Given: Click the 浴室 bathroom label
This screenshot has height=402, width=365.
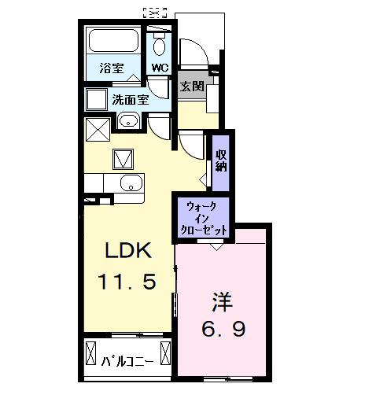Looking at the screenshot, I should click(x=111, y=68).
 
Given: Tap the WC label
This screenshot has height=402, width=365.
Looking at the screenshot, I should click(x=160, y=68).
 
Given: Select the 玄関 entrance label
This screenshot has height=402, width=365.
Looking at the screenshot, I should click(x=191, y=85).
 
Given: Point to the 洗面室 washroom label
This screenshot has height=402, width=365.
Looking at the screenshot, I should click(x=131, y=100).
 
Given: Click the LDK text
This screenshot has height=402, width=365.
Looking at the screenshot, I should click(x=128, y=252).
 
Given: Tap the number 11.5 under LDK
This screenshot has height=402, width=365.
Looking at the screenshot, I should click(x=131, y=281).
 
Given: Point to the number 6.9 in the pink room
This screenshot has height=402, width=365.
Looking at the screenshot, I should click(x=222, y=328).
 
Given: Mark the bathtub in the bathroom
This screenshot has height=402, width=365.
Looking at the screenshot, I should click(x=112, y=42).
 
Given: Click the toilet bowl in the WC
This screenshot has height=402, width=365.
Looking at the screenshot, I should click(x=160, y=42).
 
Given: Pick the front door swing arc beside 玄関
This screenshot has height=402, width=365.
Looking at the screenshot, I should click(x=195, y=55).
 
